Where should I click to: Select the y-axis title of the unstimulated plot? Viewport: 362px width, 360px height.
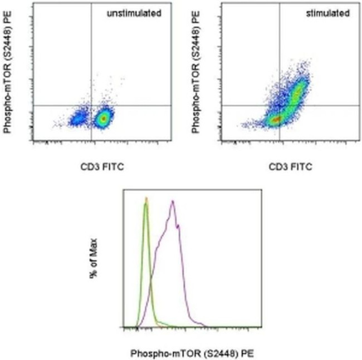8,75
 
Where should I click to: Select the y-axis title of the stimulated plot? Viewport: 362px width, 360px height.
195,75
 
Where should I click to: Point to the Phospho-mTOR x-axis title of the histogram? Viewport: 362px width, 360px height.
192,353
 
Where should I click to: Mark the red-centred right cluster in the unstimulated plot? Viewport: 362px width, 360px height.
103,118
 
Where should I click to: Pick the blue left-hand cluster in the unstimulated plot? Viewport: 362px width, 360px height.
77,119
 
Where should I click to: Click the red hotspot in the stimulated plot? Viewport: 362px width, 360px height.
275,119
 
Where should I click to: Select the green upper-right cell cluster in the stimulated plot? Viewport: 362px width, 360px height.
298,89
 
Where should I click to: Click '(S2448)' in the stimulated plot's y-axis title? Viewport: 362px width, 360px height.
195,56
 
